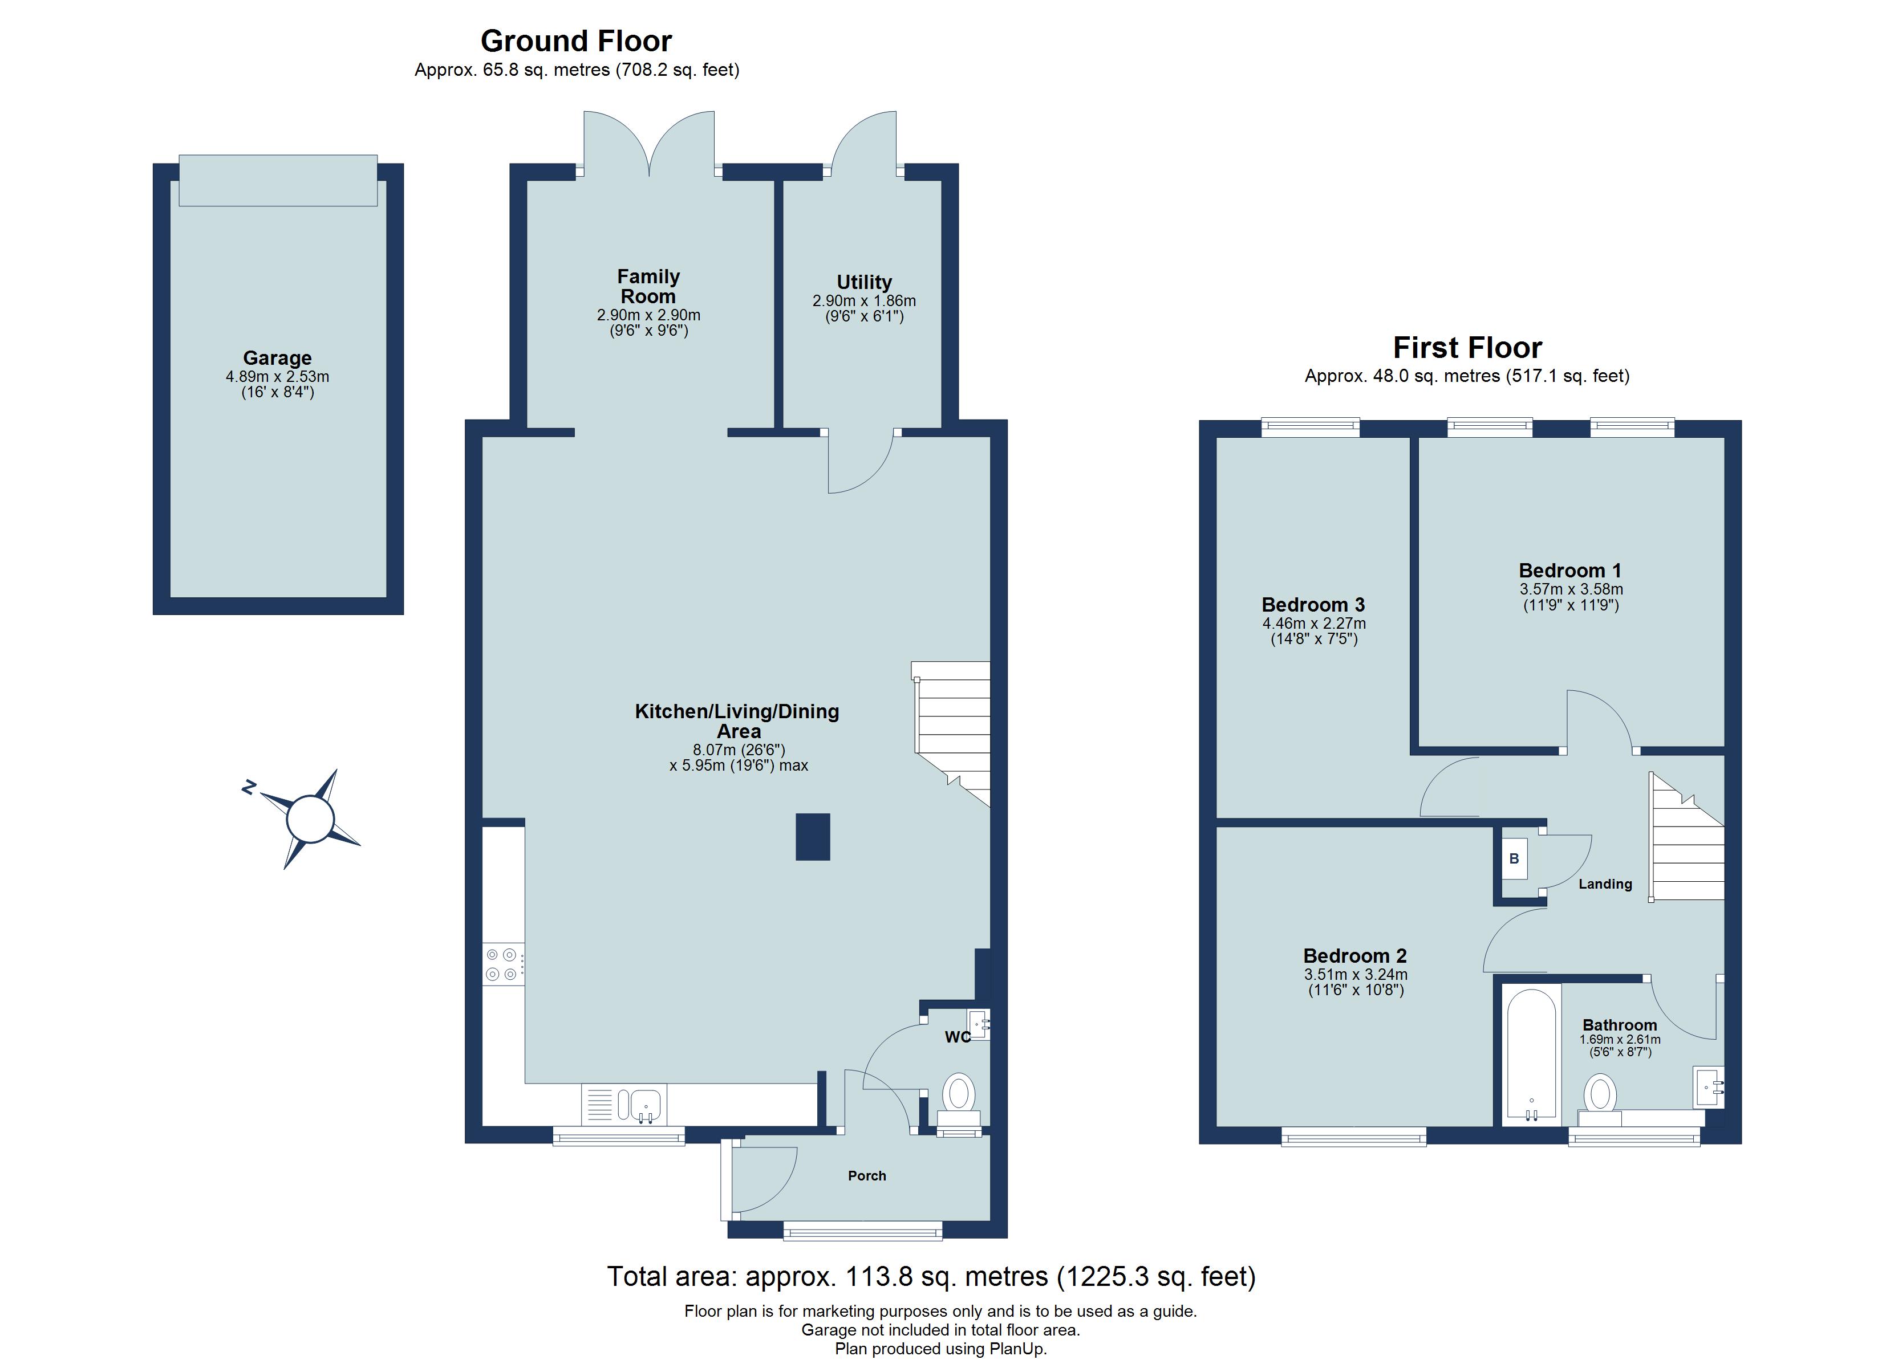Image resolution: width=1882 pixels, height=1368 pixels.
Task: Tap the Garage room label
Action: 277,359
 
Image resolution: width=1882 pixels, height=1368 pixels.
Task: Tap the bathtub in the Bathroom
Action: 1530,1053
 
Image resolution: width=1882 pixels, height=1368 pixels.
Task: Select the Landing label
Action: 1605,884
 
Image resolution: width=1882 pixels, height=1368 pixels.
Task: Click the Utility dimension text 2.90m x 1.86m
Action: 864,301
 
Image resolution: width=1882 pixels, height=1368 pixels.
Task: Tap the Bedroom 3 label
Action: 1313,605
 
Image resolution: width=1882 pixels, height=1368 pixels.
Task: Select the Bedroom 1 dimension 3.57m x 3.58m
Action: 1571,589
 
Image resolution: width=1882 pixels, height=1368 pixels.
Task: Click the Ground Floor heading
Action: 576,40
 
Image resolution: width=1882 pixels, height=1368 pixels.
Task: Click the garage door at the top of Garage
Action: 278,180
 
